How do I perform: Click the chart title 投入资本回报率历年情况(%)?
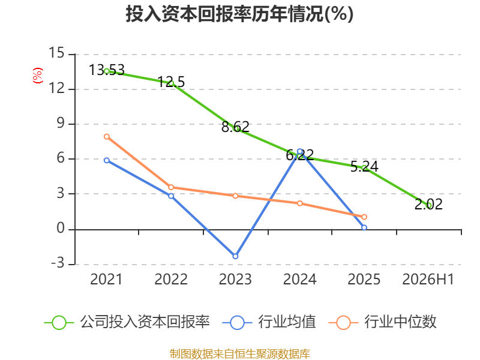(x=239, y=14)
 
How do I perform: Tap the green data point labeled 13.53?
(x=107, y=71)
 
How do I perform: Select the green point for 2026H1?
(x=429, y=205)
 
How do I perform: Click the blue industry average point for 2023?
(x=235, y=256)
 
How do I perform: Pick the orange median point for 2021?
(x=107, y=137)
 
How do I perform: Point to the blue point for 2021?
(x=107, y=160)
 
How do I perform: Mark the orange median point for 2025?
(x=364, y=217)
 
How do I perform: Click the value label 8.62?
(x=235, y=127)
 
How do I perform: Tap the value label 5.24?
(x=364, y=167)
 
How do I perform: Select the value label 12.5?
(x=171, y=82)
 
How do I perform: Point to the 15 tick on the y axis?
(x=56, y=53)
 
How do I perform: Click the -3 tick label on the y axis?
(x=58, y=263)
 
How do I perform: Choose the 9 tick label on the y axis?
(x=61, y=123)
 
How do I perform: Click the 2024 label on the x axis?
(x=299, y=279)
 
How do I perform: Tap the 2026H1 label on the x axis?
(x=428, y=279)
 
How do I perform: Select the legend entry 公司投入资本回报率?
(x=127, y=322)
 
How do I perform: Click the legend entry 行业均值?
(x=269, y=322)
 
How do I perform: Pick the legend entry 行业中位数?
(x=382, y=322)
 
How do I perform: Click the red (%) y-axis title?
(x=38, y=76)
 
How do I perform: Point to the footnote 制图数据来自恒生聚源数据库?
(x=239, y=354)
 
